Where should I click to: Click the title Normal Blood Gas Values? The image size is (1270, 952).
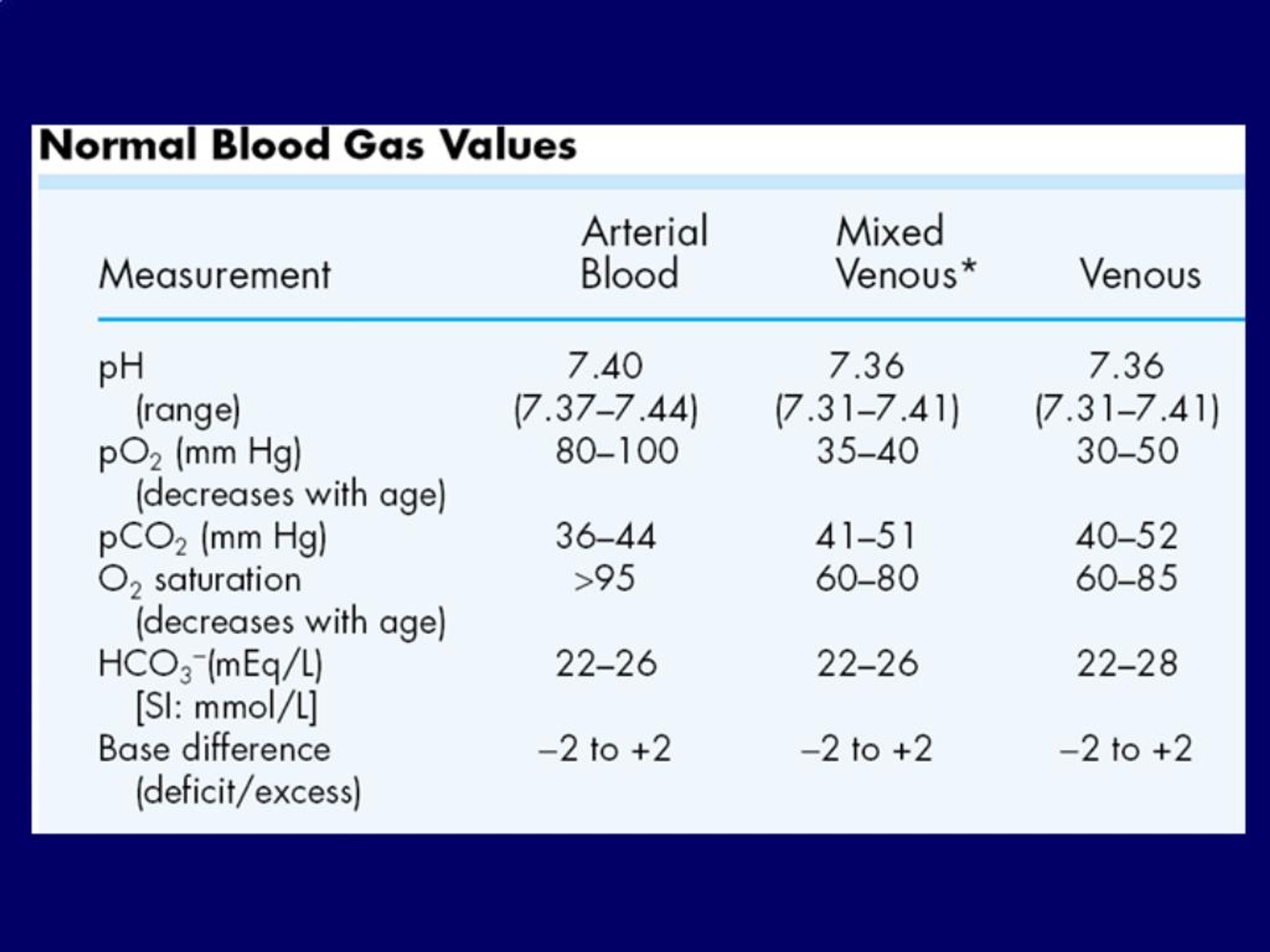click(307, 145)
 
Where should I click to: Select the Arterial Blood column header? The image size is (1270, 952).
click(644, 252)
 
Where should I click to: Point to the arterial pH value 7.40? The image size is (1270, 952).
click(605, 366)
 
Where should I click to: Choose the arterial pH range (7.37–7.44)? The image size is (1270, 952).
click(606, 410)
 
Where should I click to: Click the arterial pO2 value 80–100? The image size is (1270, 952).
click(617, 451)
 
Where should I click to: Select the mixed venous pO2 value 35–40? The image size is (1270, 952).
click(868, 451)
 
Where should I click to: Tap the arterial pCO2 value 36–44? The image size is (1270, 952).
click(605, 537)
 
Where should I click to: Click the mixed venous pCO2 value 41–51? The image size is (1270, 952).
click(866, 537)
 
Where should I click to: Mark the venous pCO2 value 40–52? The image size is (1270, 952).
click(1127, 537)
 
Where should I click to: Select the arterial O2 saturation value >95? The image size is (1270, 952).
click(605, 579)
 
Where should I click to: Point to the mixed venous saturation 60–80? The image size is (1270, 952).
click(867, 579)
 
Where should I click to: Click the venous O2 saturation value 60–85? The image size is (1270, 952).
click(1127, 579)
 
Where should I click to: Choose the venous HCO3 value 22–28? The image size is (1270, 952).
click(1127, 664)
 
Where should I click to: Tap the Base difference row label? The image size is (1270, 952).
click(215, 749)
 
